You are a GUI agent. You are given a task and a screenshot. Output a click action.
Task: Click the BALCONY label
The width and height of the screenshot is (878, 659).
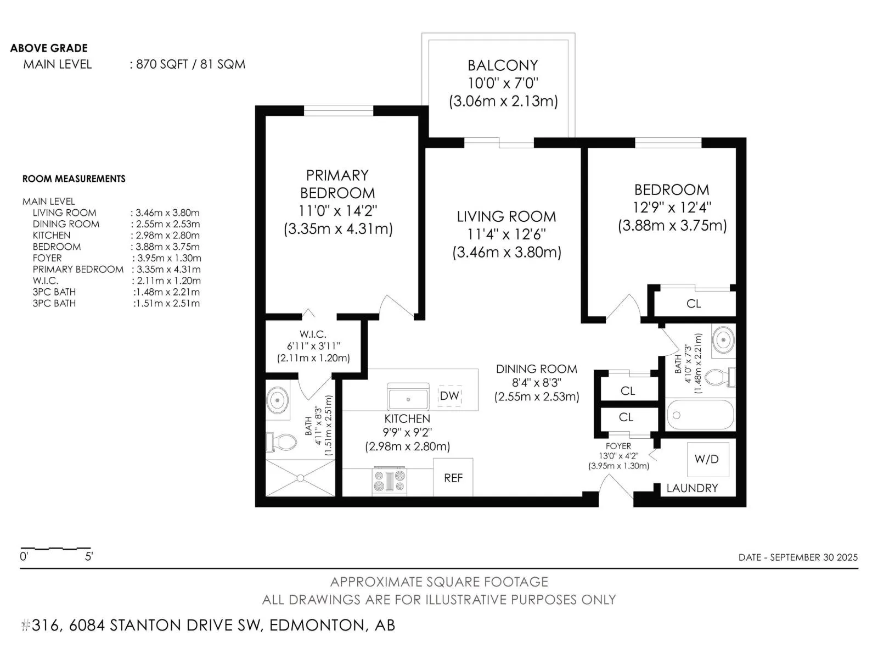tap(503, 65)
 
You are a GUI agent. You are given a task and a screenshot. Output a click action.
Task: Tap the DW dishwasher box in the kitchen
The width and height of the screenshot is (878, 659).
tap(449, 396)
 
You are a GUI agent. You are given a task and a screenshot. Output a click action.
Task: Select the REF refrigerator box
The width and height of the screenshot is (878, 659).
tap(453, 477)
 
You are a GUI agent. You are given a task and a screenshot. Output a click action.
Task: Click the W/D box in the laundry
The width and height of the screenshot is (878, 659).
tap(708, 459)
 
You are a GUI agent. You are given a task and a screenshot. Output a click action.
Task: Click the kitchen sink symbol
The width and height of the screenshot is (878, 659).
tap(408, 396)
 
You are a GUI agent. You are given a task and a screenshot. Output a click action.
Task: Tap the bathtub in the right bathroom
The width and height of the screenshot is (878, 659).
tap(700, 415)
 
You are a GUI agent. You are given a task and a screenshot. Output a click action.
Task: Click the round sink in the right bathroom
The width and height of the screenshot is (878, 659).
tap(724, 340)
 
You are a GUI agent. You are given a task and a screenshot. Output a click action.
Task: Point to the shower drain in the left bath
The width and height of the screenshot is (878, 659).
tap(300, 478)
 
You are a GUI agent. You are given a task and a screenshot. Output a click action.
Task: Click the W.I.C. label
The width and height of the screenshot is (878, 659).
tap(313, 334)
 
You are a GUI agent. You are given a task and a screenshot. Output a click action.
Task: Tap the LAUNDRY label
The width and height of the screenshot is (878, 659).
tap(692, 488)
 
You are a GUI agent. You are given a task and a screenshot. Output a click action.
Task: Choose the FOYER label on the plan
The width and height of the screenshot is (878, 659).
tap(618, 446)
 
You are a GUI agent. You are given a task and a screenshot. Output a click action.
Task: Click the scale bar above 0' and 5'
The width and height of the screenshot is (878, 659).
tap(55, 548)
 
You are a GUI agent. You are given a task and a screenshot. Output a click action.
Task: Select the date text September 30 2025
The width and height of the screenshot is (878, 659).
tap(814, 557)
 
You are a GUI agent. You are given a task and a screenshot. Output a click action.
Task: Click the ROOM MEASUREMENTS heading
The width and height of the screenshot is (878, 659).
tap(74, 179)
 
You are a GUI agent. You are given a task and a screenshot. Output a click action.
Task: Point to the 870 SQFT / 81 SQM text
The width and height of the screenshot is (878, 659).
tap(190, 64)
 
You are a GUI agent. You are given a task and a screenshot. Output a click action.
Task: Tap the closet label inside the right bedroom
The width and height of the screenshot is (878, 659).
tap(694, 304)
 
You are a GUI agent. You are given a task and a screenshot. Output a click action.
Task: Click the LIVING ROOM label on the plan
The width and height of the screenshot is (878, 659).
tap(506, 216)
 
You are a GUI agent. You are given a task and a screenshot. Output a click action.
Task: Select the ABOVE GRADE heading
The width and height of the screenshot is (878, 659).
tap(49, 48)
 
